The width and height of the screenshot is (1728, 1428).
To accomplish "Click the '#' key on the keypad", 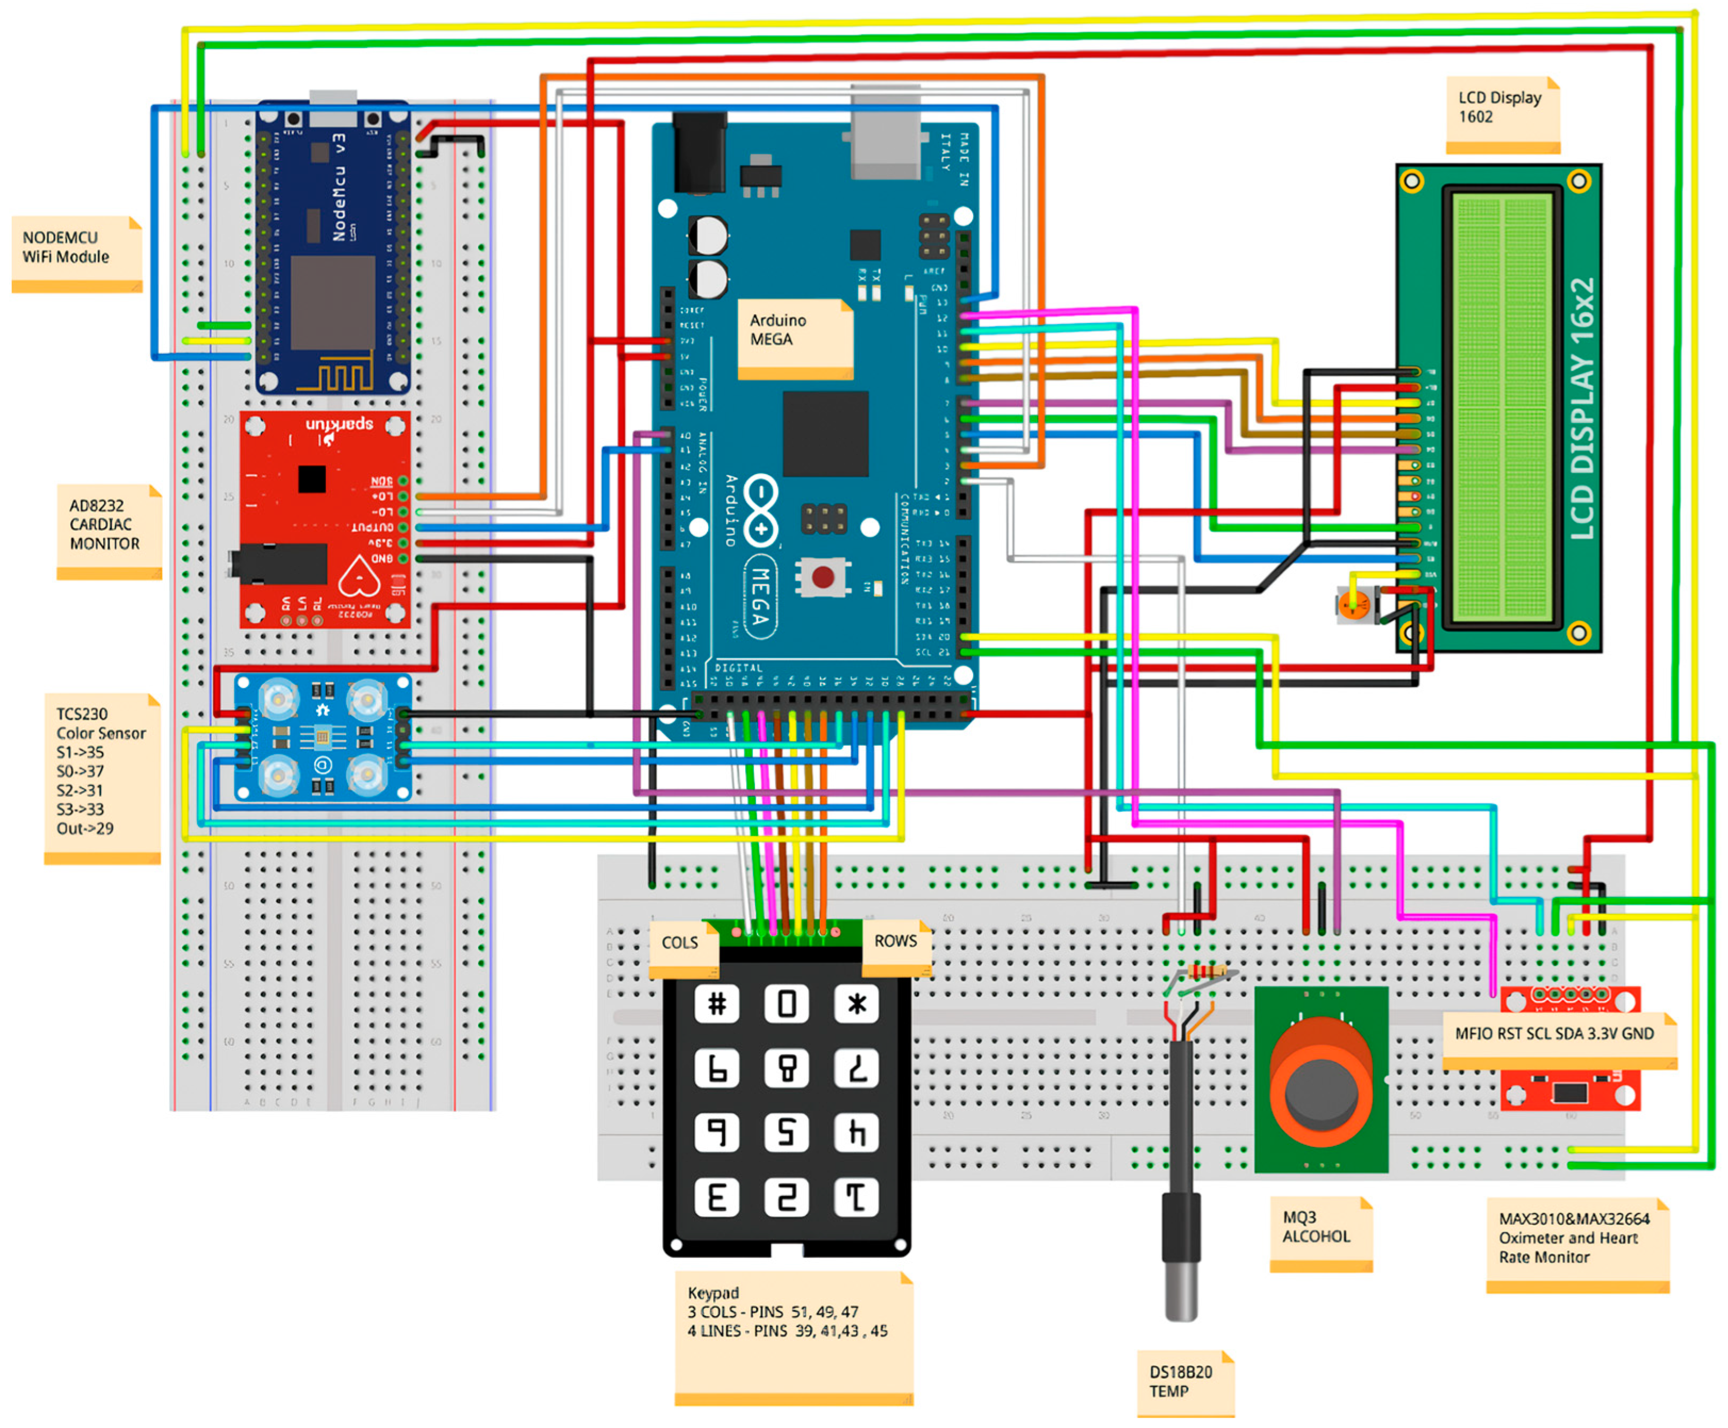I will pyautogui.click(x=716, y=1004).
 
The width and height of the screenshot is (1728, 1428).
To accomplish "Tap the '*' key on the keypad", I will pyautogui.click(x=856, y=1004).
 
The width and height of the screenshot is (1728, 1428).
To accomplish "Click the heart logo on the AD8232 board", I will pyautogui.click(x=359, y=576).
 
